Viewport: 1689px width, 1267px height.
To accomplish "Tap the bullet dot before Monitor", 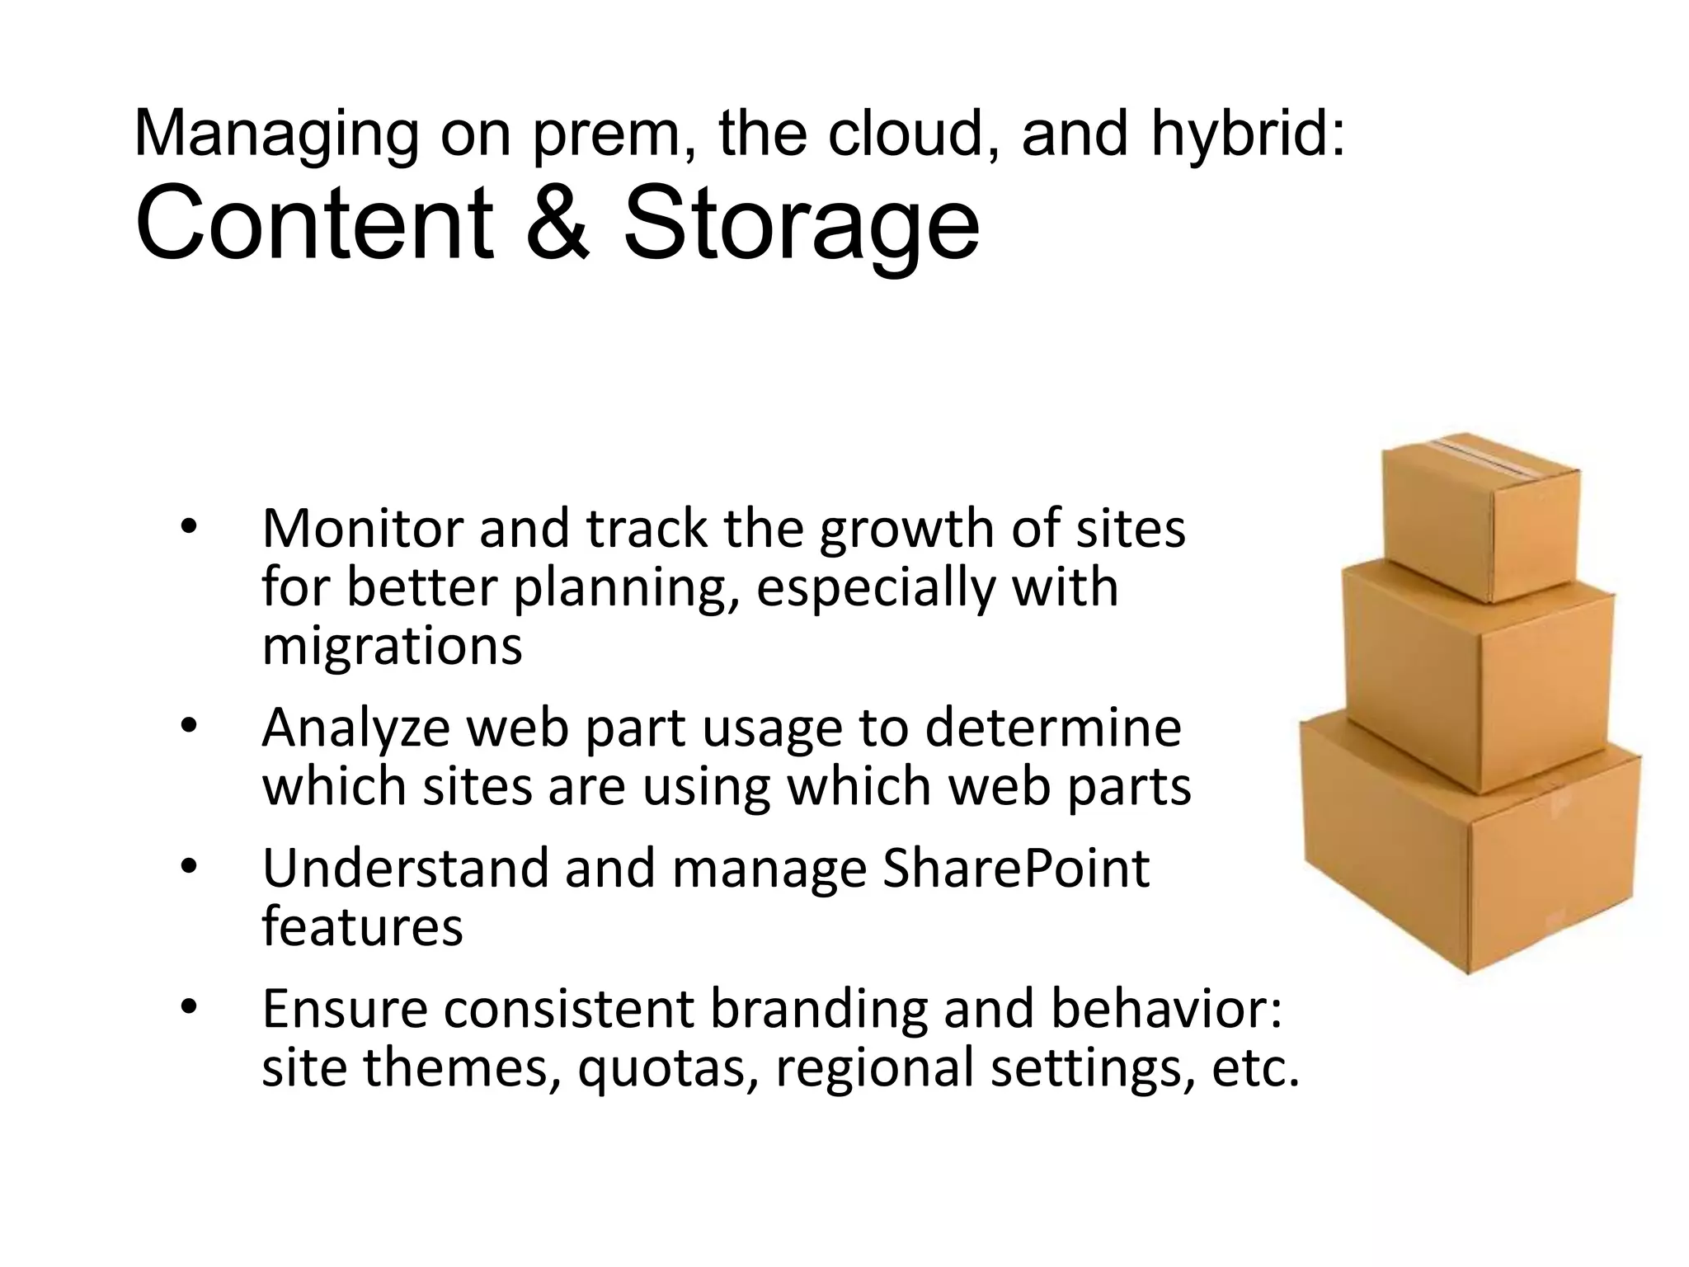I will tap(189, 528).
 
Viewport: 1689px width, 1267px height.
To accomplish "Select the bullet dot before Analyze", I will tap(189, 727).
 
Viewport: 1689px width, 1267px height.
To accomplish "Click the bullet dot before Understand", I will tap(189, 868).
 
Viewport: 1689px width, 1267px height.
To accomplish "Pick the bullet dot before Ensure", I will tap(189, 1008).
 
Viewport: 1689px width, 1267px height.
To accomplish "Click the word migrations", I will tap(392, 647).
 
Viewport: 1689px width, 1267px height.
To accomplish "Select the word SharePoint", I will tap(1015, 869).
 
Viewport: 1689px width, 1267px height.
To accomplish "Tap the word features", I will tap(362, 927).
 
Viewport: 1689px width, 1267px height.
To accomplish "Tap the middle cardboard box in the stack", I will tap(1476, 676).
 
